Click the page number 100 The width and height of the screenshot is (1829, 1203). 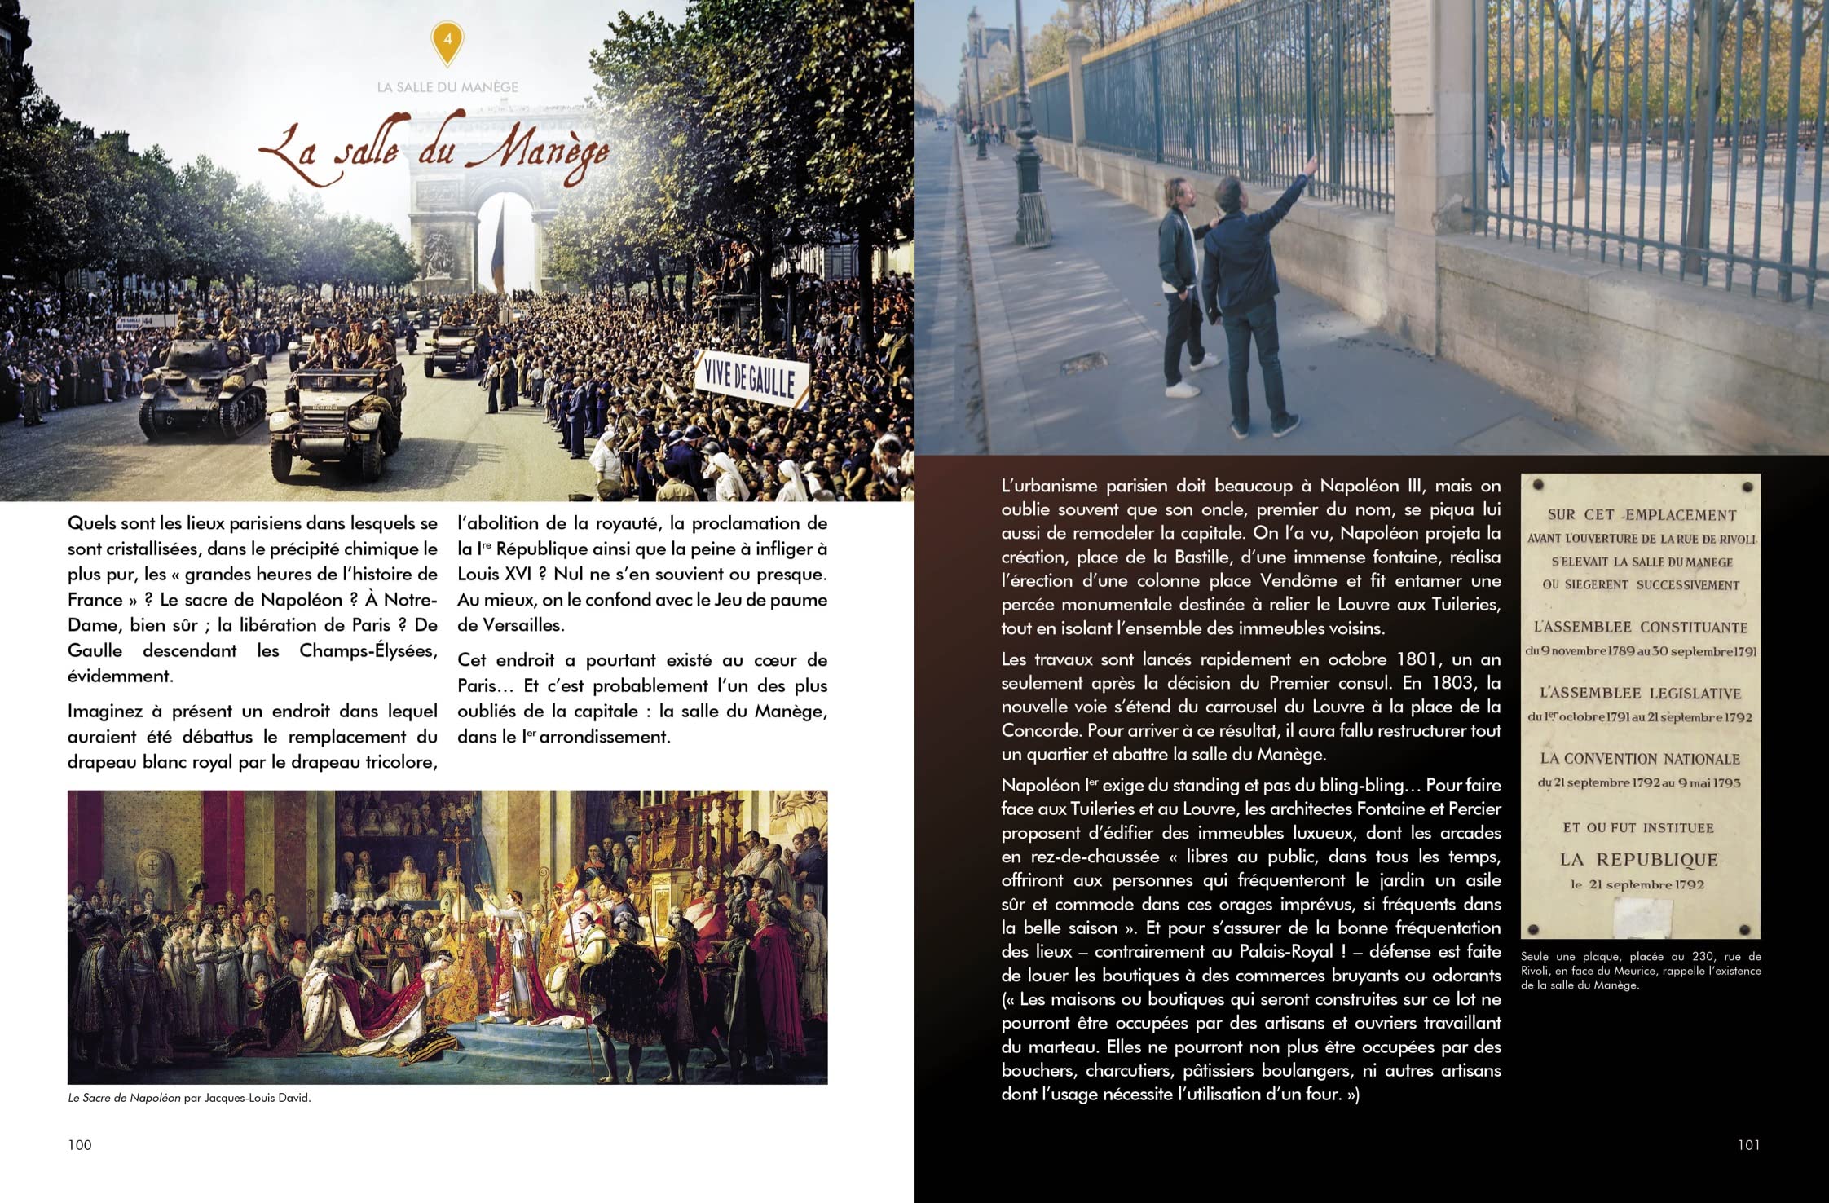[80, 1145]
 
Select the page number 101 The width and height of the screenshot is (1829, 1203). [1748, 1145]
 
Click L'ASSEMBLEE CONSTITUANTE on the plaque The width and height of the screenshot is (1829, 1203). [1641, 627]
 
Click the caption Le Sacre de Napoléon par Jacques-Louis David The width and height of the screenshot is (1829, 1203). [190, 1098]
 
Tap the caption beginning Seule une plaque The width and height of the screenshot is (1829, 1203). [1641, 971]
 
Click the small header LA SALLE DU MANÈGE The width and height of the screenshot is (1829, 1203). [447, 87]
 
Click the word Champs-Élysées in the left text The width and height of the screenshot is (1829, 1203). [368, 650]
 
